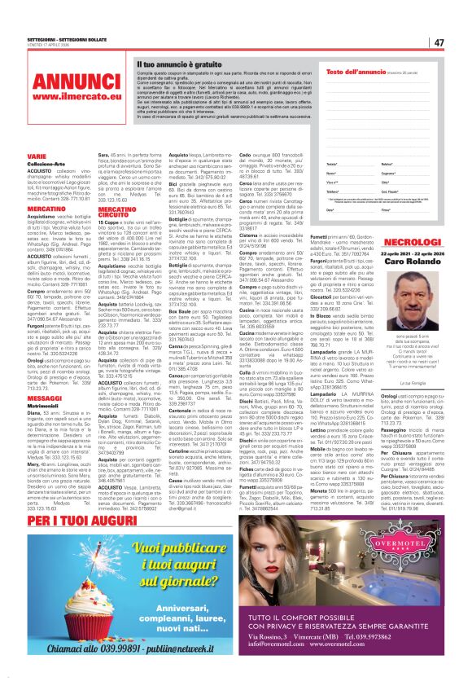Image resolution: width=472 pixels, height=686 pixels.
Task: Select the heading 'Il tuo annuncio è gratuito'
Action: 175,63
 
